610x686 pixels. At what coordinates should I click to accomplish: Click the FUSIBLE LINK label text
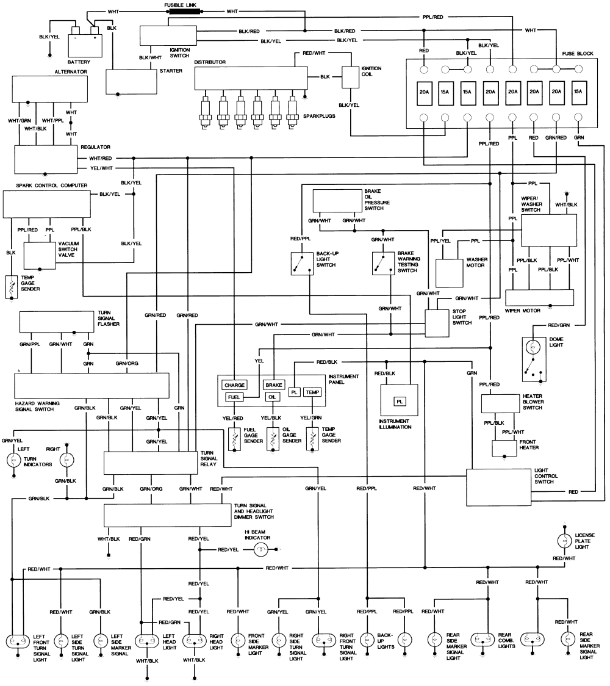tap(181, 5)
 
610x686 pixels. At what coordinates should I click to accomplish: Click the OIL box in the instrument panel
tap(273, 397)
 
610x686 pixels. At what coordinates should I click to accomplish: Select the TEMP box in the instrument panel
tap(312, 392)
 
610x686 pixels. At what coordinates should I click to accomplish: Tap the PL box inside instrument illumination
tap(400, 401)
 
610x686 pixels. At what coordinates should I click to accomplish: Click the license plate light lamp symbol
tap(564, 541)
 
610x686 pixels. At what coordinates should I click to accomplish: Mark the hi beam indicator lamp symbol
tap(260, 550)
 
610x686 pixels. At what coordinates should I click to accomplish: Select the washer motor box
tap(450, 273)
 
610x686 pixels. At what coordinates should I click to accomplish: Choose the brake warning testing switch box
tap(382, 262)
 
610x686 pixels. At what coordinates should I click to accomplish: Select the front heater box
tap(504, 448)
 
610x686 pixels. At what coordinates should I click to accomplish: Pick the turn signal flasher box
tap(57, 322)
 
